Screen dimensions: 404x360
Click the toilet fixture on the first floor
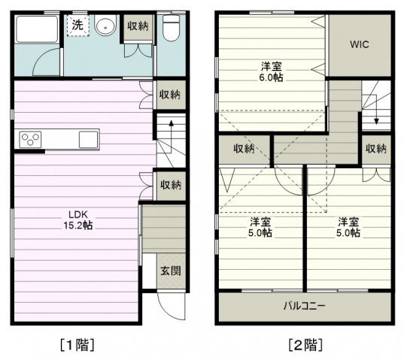pos(171,28)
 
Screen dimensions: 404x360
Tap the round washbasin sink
pos(105,25)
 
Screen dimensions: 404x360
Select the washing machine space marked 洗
pos(78,25)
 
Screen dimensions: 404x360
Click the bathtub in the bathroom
pos(37,29)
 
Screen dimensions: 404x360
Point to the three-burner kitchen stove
pos(30,140)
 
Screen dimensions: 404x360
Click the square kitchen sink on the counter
pos(88,140)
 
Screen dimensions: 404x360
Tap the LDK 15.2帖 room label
pos(78,219)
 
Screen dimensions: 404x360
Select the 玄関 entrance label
pos(171,271)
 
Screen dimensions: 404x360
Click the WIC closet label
pos(360,44)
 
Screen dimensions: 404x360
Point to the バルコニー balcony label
pos(304,306)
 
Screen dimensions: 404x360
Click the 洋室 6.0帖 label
pos(271,71)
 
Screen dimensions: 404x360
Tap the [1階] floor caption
pos(77,345)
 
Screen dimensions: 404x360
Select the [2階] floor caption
pos(305,345)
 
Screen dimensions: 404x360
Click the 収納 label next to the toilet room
pos(138,26)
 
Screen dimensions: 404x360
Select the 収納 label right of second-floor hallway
pos(376,149)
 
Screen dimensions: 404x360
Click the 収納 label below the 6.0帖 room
pos(244,149)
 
